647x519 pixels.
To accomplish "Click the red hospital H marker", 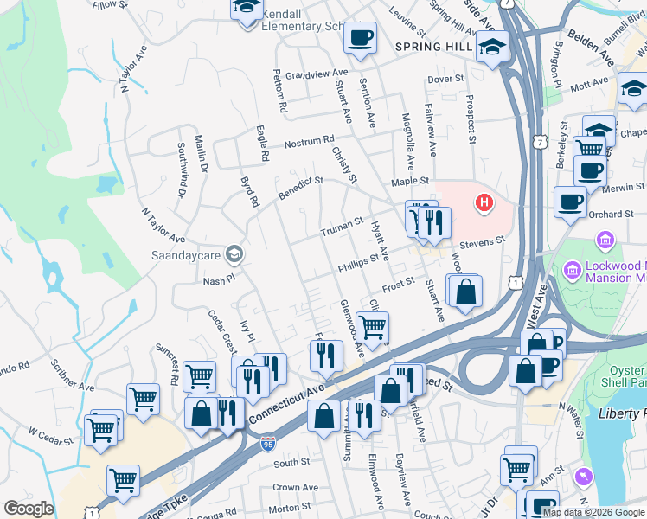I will [x=484, y=204].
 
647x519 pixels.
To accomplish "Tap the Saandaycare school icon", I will [x=233, y=253].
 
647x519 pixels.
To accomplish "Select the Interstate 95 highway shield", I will [x=269, y=444].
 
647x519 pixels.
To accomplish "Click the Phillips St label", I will [x=359, y=262].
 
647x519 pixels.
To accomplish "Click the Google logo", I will [x=29, y=509].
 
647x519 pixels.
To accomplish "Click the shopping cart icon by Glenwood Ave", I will [x=372, y=328].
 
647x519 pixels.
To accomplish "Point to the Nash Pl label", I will [x=219, y=280].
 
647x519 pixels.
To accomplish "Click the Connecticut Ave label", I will [x=286, y=402].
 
